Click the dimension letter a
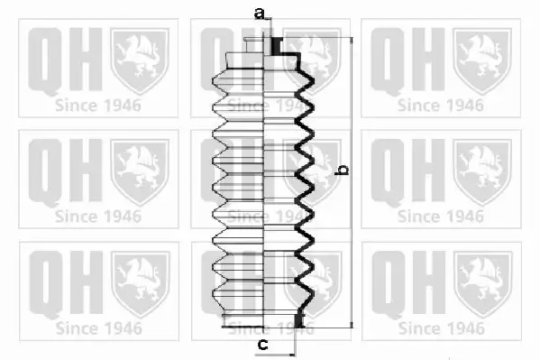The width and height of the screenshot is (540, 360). click(260, 14)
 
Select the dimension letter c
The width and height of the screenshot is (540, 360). click(262, 344)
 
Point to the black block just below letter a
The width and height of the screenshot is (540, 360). click(276, 46)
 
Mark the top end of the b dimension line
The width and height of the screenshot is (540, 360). click(352, 38)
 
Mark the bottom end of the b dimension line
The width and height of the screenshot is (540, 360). click(352, 328)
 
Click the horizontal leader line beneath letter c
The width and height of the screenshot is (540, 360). click(275, 355)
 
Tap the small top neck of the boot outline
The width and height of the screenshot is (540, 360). click(254, 45)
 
